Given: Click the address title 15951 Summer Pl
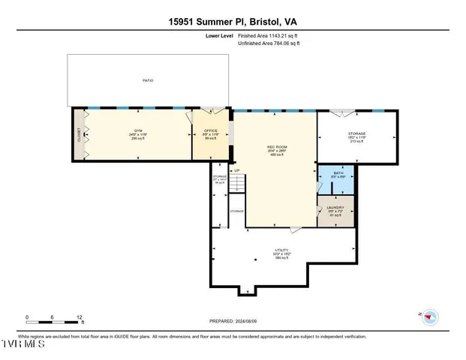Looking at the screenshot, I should point(233,22).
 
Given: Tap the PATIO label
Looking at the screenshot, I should point(148,80).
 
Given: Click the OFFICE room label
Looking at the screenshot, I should point(211,130).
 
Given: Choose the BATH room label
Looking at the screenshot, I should point(338,173).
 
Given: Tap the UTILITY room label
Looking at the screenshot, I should point(282,250).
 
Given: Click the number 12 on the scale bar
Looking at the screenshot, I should point(79,317).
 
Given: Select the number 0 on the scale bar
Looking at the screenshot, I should point(27,317).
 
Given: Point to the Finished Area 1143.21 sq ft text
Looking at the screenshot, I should point(268,35).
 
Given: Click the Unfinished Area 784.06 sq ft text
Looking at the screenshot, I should point(269,43).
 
